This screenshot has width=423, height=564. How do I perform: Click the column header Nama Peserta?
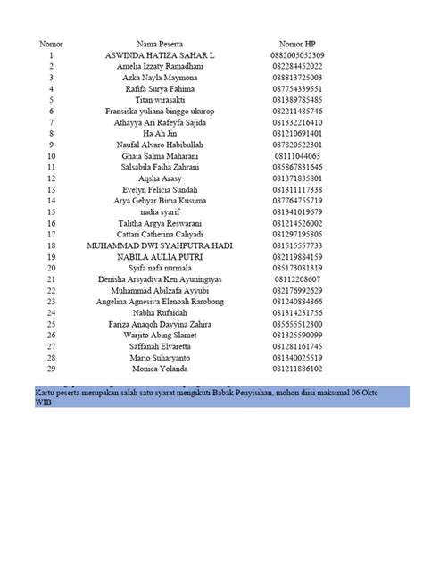[x=161, y=43]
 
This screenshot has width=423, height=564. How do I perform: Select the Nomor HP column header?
[x=297, y=43]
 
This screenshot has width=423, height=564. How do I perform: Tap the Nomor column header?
[x=52, y=43]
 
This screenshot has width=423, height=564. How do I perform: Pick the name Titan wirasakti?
[x=161, y=99]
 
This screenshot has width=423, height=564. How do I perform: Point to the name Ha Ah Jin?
[x=161, y=133]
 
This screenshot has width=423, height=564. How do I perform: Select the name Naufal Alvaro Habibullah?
[x=161, y=144]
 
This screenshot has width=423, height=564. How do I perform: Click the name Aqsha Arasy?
[x=161, y=178]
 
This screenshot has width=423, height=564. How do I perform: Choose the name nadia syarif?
[x=161, y=211]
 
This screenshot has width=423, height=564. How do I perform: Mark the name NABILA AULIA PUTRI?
[x=161, y=255]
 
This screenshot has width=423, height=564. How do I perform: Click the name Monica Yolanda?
[x=161, y=367]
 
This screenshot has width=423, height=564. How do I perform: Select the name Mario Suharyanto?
[x=161, y=356]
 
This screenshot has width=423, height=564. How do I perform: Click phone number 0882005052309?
[x=297, y=54]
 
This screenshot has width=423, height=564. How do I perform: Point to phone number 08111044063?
[x=297, y=155]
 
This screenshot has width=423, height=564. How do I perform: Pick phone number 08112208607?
[x=297, y=278]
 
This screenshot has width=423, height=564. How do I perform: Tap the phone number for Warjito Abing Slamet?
[x=297, y=334]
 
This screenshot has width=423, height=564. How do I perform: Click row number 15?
[x=52, y=211]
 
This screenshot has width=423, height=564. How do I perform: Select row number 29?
[x=52, y=367]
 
